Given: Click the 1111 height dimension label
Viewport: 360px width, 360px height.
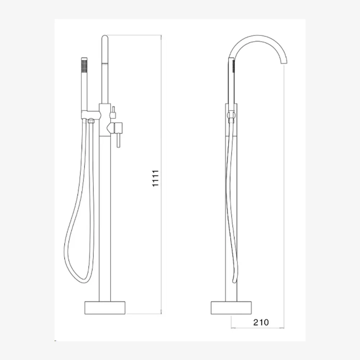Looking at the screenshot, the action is pyautogui.click(x=156, y=178).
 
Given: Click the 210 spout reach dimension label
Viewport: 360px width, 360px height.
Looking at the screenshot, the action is pyautogui.click(x=261, y=322).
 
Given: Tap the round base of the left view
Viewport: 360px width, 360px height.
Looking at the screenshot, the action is pyautogui.click(x=105, y=308).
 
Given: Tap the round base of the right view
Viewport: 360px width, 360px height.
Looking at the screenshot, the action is pyautogui.click(x=231, y=308).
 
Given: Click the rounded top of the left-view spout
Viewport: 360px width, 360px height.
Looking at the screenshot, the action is pyautogui.click(x=105, y=37).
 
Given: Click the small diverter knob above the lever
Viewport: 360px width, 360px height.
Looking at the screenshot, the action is pyautogui.click(x=113, y=112).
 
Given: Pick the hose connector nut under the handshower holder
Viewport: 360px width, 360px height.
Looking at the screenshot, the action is pyautogui.click(x=91, y=121).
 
